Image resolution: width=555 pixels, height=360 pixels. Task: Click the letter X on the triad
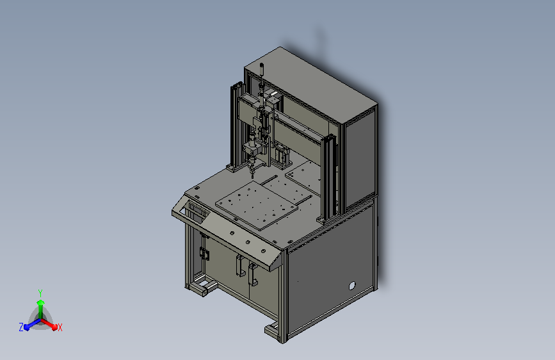coord(60,327)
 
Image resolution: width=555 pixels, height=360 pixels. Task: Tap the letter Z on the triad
coord(21,327)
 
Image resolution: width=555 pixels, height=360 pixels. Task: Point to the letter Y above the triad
coord(40,293)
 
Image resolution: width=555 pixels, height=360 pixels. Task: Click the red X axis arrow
coord(49,324)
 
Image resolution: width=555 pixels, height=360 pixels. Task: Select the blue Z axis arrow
coord(33,324)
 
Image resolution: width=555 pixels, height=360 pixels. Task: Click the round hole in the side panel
coord(352,286)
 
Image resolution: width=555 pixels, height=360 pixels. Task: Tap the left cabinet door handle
coord(239,265)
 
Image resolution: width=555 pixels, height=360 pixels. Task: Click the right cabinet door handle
coord(252,274)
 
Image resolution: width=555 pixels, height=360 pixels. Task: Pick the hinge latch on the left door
coord(204,254)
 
